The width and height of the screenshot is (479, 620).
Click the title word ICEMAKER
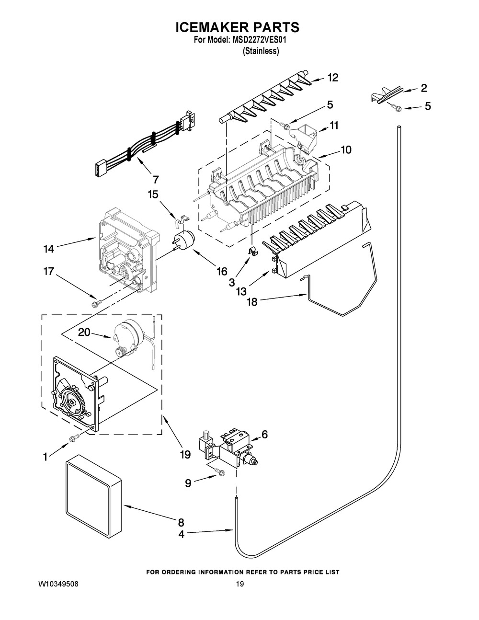[x=216, y=27]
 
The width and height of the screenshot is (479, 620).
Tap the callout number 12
[x=333, y=77]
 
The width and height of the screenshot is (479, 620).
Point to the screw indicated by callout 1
[x=74, y=438]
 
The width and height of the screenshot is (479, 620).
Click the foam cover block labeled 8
[x=93, y=502]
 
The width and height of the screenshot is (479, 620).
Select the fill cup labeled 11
[x=303, y=139]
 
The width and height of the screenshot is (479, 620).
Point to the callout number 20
[x=84, y=332]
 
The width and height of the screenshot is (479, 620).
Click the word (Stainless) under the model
[x=261, y=51]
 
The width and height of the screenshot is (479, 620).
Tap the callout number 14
[x=49, y=249]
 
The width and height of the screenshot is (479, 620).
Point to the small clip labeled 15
[x=182, y=222]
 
